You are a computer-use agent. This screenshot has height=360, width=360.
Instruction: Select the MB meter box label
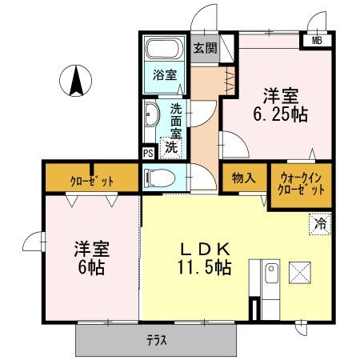(318, 41)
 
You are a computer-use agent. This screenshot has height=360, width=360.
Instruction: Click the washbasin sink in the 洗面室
(152, 116)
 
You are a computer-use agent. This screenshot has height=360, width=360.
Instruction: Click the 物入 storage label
(243, 177)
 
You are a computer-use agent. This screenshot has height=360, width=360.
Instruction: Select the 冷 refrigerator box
(319, 225)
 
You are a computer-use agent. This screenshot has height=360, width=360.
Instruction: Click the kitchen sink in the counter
(269, 274)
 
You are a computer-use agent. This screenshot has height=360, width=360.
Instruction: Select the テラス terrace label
(157, 339)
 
